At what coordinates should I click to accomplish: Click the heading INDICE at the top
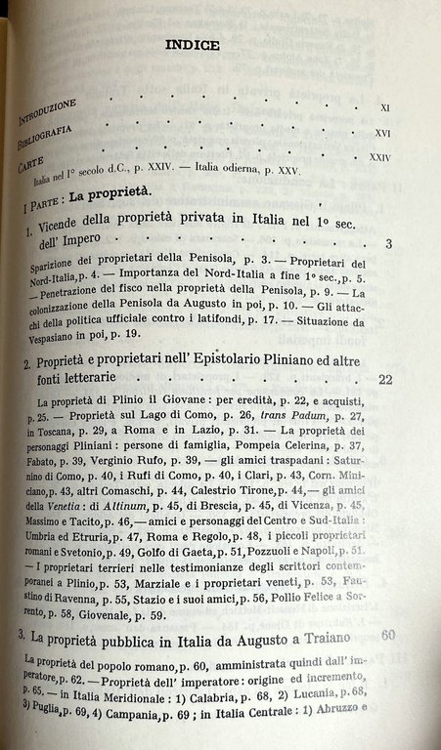tap(192, 45)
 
